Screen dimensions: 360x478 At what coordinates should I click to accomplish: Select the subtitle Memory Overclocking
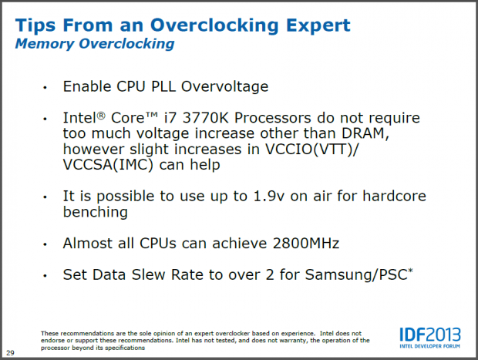[94, 44]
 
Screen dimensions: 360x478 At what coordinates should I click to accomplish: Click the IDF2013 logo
[430, 335]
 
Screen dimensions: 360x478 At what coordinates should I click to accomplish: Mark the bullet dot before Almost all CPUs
[45, 244]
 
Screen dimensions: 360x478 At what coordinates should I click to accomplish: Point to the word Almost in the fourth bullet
[88, 243]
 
